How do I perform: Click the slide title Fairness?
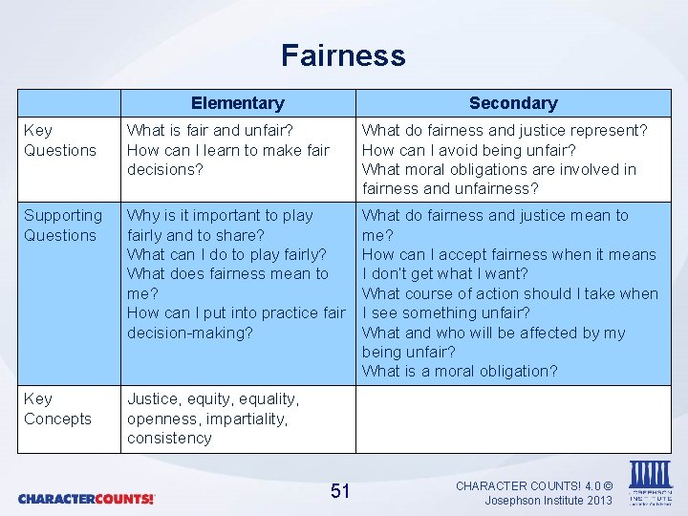coord(343,55)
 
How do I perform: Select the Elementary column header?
coord(237,103)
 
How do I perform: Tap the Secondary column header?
coord(513,103)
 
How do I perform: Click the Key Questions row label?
coord(59,140)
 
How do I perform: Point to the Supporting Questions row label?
coord(62,226)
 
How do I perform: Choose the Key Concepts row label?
coord(57,409)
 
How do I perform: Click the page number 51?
coord(340,491)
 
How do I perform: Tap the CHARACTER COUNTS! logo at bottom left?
coord(86,499)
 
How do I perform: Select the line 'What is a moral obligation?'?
coord(459,372)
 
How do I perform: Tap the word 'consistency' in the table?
coord(169,438)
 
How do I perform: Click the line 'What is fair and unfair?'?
coord(209,130)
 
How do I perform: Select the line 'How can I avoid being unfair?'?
coord(468,150)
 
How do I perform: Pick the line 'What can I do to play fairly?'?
coord(226,254)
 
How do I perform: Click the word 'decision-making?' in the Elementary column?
coord(190,333)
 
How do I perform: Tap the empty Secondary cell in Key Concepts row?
coord(513,419)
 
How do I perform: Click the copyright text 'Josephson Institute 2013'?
coord(548,500)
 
